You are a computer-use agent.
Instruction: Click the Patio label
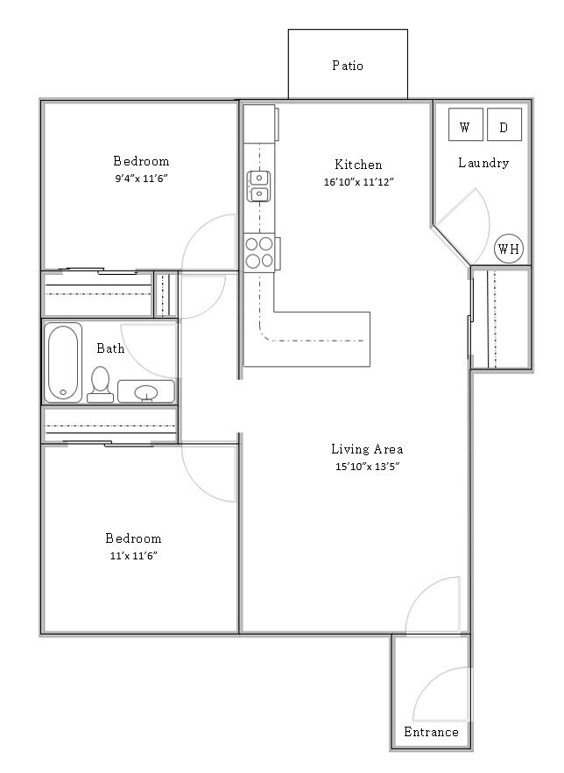point(348,66)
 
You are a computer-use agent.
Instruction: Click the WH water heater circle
point(508,249)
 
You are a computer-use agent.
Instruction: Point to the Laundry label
point(483,163)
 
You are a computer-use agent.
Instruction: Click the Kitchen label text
point(358,165)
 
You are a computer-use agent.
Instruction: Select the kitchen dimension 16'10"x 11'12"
point(358,183)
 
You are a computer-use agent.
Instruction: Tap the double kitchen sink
point(259,186)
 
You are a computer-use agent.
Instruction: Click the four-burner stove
point(259,252)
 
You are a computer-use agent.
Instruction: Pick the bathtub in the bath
point(63,362)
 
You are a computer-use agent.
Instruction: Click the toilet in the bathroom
point(101,383)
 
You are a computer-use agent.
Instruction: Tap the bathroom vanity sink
point(146,391)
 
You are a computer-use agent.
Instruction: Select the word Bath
point(110,348)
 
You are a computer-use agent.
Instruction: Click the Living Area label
point(367,449)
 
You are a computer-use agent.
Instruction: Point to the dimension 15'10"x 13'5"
point(367,467)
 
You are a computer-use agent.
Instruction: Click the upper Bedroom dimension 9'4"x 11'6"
point(141,179)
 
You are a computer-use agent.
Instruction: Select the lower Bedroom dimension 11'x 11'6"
point(133,556)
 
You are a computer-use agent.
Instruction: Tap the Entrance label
point(431,732)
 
